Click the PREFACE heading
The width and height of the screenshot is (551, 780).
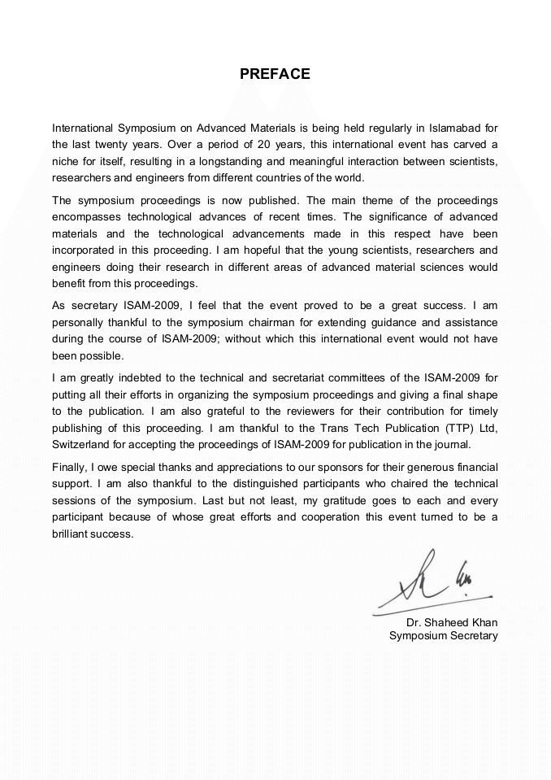(x=275, y=74)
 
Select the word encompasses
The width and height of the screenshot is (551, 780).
(x=87, y=216)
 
